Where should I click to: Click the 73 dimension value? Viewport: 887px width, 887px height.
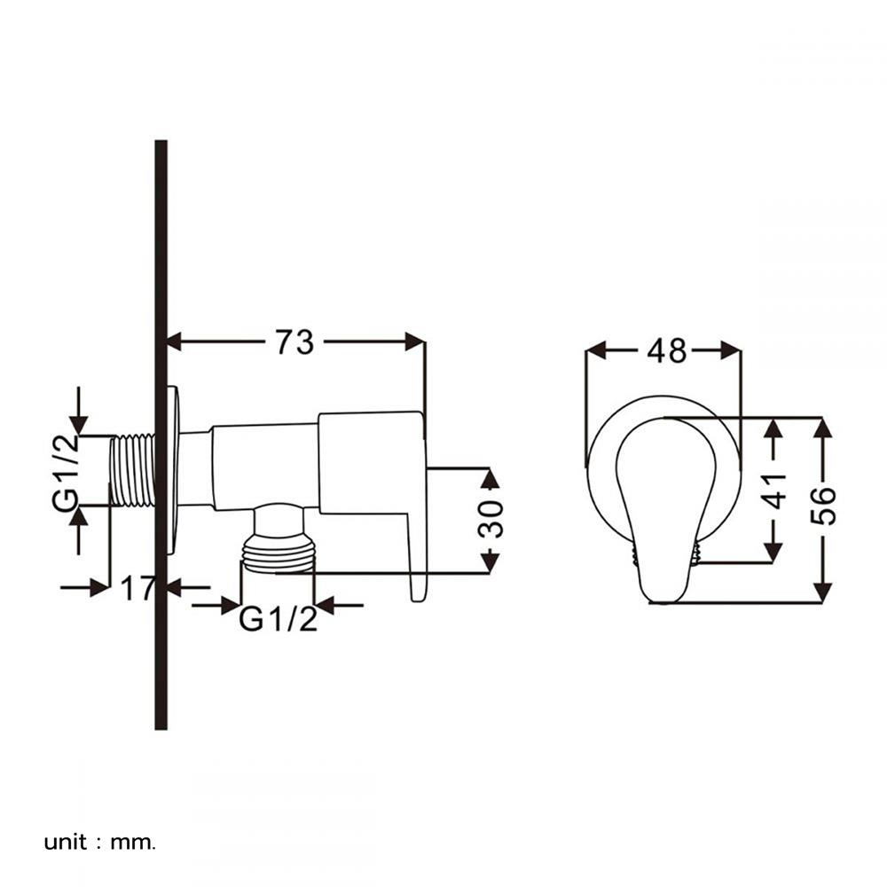294,342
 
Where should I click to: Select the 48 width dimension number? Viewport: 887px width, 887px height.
667,351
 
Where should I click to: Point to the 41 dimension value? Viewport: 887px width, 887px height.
773,491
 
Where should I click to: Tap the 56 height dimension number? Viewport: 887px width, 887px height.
823,506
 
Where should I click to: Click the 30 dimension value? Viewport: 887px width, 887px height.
490,519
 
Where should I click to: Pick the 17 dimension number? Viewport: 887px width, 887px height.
137,588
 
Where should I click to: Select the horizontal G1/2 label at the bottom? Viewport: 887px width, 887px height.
278,619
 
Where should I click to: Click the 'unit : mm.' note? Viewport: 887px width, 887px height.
99,843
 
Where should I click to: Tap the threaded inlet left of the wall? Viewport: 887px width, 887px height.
132,470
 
